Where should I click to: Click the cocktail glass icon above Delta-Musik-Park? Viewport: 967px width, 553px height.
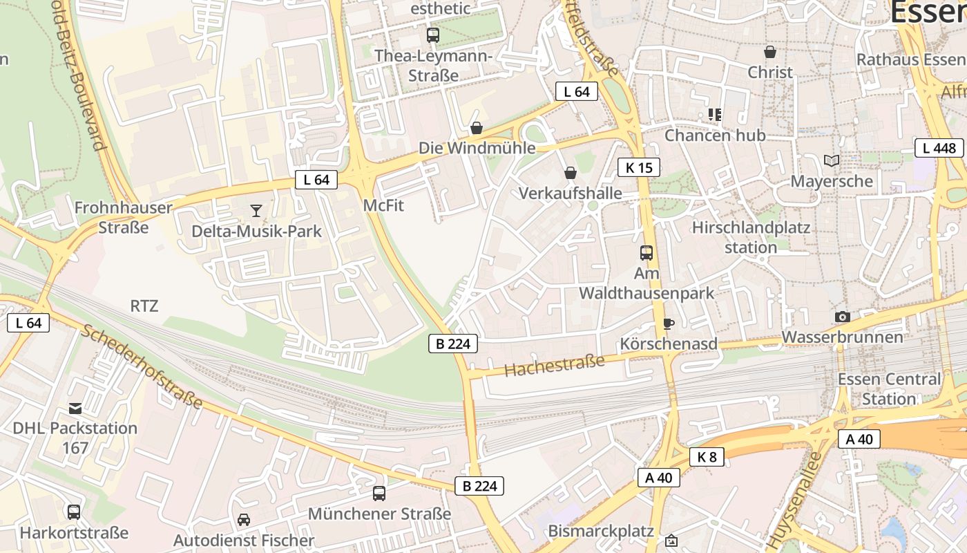click(256, 211)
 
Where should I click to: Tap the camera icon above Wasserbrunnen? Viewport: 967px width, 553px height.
click(842, 317)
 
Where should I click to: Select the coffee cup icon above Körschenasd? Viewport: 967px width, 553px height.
click(668, 324)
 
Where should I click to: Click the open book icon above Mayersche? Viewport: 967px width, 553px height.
click(832, 161)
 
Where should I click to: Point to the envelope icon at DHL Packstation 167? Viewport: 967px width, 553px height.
click(75, 408)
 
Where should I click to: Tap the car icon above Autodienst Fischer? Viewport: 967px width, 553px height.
click(244, 519)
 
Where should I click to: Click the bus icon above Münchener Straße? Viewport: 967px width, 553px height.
click(379, 494)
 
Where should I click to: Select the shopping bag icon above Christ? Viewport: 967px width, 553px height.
click(770, 52)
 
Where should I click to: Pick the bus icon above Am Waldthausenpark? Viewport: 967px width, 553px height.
click(647, 253)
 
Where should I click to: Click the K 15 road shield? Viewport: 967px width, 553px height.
click(639, 167)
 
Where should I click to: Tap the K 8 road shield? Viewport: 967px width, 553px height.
click(707, 456)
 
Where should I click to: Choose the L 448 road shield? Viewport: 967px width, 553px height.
click(939, 148)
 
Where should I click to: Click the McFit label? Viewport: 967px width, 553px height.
click(383, 206)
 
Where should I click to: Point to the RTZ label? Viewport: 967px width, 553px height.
click(144, 306)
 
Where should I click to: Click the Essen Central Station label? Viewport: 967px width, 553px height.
click(889, 389)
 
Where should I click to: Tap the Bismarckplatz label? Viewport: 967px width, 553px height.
click(601, 531)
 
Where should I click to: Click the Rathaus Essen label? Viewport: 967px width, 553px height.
click(910, 59)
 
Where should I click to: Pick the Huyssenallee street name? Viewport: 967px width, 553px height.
click(794, 494)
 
